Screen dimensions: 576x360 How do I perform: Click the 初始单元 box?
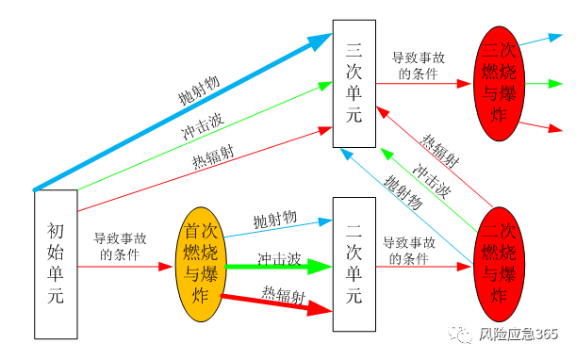point(56,263)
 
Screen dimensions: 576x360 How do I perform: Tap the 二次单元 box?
point(354,265)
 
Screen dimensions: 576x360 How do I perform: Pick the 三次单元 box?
point(354,83)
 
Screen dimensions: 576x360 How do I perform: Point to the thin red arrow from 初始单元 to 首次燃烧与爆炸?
point(123,268)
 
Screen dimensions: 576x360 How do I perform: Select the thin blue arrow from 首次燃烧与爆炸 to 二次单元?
point(278,226)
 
